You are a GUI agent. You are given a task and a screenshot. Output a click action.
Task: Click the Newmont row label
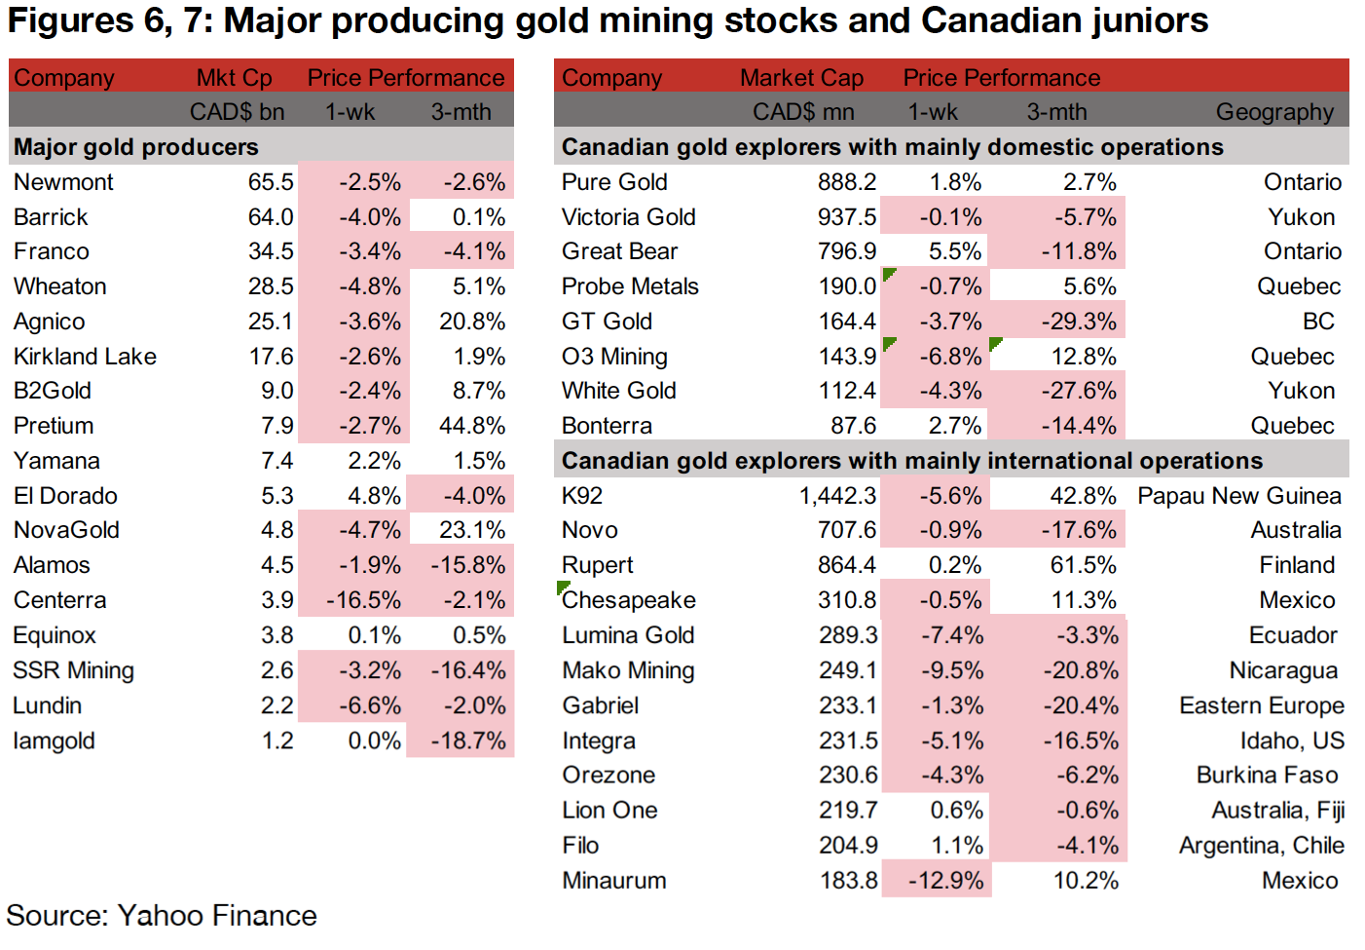63,182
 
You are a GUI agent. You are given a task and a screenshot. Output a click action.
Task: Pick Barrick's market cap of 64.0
271,217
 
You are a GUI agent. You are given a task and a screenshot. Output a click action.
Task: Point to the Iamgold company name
54,741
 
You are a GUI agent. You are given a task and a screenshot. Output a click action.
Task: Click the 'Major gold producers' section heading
136,147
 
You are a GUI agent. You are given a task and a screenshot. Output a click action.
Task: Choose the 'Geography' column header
1273,112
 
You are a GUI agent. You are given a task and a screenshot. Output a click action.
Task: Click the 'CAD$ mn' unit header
803,112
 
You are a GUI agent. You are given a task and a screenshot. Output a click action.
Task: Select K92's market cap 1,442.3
837,496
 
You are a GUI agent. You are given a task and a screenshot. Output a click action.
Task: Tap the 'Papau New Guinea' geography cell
1238,496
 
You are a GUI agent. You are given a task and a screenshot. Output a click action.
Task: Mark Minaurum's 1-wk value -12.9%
945,881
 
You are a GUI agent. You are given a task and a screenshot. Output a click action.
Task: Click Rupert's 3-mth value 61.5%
1083,565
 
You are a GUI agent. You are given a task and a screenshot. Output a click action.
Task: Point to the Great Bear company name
619,251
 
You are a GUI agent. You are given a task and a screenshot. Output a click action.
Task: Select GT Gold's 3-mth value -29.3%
1078,322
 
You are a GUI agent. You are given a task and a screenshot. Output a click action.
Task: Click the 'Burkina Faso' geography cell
1267,775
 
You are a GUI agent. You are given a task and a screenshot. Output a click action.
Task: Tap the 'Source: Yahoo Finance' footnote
162,916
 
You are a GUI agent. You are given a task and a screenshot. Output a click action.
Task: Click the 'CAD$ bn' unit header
237,112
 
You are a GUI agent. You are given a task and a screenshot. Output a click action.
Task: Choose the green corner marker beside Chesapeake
562,587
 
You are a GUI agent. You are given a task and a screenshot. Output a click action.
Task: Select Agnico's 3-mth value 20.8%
472,322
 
